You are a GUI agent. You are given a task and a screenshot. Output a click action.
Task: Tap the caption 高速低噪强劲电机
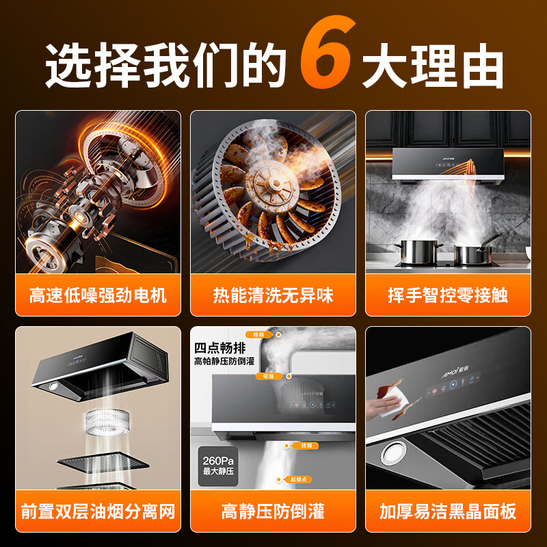pos(98,295)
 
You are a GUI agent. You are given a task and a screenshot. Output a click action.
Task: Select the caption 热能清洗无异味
pos(273,295)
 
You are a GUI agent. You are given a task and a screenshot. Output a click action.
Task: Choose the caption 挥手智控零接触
pos(448,295)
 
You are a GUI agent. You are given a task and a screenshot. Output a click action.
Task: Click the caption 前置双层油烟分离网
pos(98,510)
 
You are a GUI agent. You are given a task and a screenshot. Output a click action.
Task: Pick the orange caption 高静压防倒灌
pos(273,510)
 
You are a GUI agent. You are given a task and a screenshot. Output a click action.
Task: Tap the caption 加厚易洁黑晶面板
pos(448,510)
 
